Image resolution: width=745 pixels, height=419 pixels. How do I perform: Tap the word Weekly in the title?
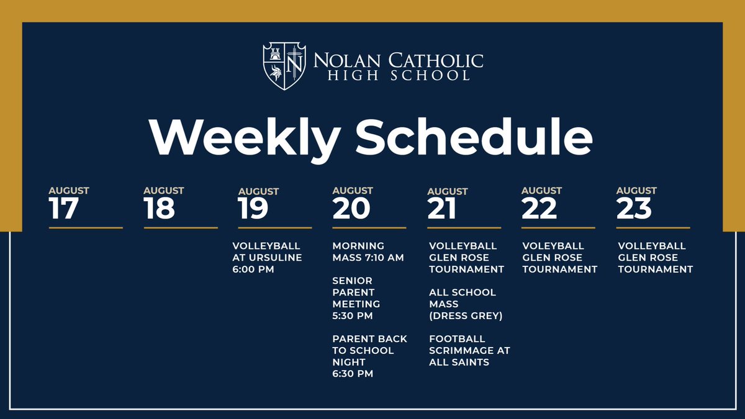click(x=243, y=138)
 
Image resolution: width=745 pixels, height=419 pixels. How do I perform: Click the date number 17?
click(x=64, y=209)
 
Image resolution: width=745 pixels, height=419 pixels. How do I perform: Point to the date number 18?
click(x=160, y=209)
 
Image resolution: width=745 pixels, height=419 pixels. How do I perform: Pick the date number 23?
click(x=634, y=209)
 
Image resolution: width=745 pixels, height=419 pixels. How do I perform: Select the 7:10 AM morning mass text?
click(x=383, y=258)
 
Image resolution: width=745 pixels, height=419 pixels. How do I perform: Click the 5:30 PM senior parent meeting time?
click(x=352, y=316)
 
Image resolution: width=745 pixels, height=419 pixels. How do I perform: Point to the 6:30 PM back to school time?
click(x=352, y=374)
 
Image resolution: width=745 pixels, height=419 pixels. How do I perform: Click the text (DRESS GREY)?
click(x=466, y=316)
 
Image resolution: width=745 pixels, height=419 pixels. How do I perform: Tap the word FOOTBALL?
click(x=457, y=339)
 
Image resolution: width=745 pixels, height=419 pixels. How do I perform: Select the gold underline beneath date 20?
click(x=369, y=228)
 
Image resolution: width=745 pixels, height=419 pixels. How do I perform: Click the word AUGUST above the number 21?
click(x=448, y=191)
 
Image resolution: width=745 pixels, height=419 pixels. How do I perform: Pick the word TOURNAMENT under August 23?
click(x=656, y=269)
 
